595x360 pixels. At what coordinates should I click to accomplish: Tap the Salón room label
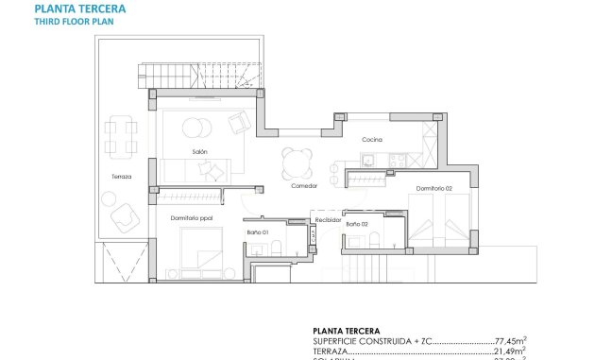(198, 151)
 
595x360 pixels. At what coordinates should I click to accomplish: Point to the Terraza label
(120, 177)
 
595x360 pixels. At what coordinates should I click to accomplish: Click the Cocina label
(371, 140)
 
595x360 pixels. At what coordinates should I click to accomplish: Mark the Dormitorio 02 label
(437, 189)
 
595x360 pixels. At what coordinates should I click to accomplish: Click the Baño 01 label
(258, 231)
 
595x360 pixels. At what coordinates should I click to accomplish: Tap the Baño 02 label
(356, 224)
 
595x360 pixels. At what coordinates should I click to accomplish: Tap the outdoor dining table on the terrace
(117, 135)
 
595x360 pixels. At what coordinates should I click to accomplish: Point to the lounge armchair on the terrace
(123, 218)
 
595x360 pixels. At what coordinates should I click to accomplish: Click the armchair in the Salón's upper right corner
(239, 121)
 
